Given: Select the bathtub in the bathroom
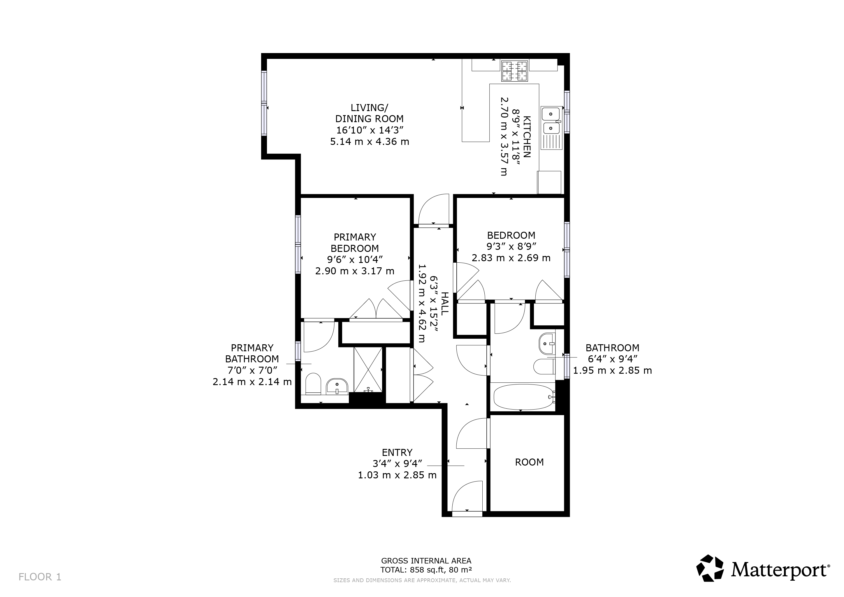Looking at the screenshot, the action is (524, 397).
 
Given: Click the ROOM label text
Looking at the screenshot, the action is (529, 462).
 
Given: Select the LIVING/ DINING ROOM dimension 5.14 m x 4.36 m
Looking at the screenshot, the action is (370, 142).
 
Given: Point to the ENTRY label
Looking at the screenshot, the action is (397, 452).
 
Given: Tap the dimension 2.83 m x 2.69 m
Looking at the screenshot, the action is (511, 258).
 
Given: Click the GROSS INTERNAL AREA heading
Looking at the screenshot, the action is (426, 561).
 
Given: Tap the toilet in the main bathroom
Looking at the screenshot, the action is (544, 366).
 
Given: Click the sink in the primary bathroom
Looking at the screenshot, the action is (337, 386).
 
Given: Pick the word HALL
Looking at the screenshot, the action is (445, 303).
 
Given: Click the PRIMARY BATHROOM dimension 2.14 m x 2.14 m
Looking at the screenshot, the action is (252, 382).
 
